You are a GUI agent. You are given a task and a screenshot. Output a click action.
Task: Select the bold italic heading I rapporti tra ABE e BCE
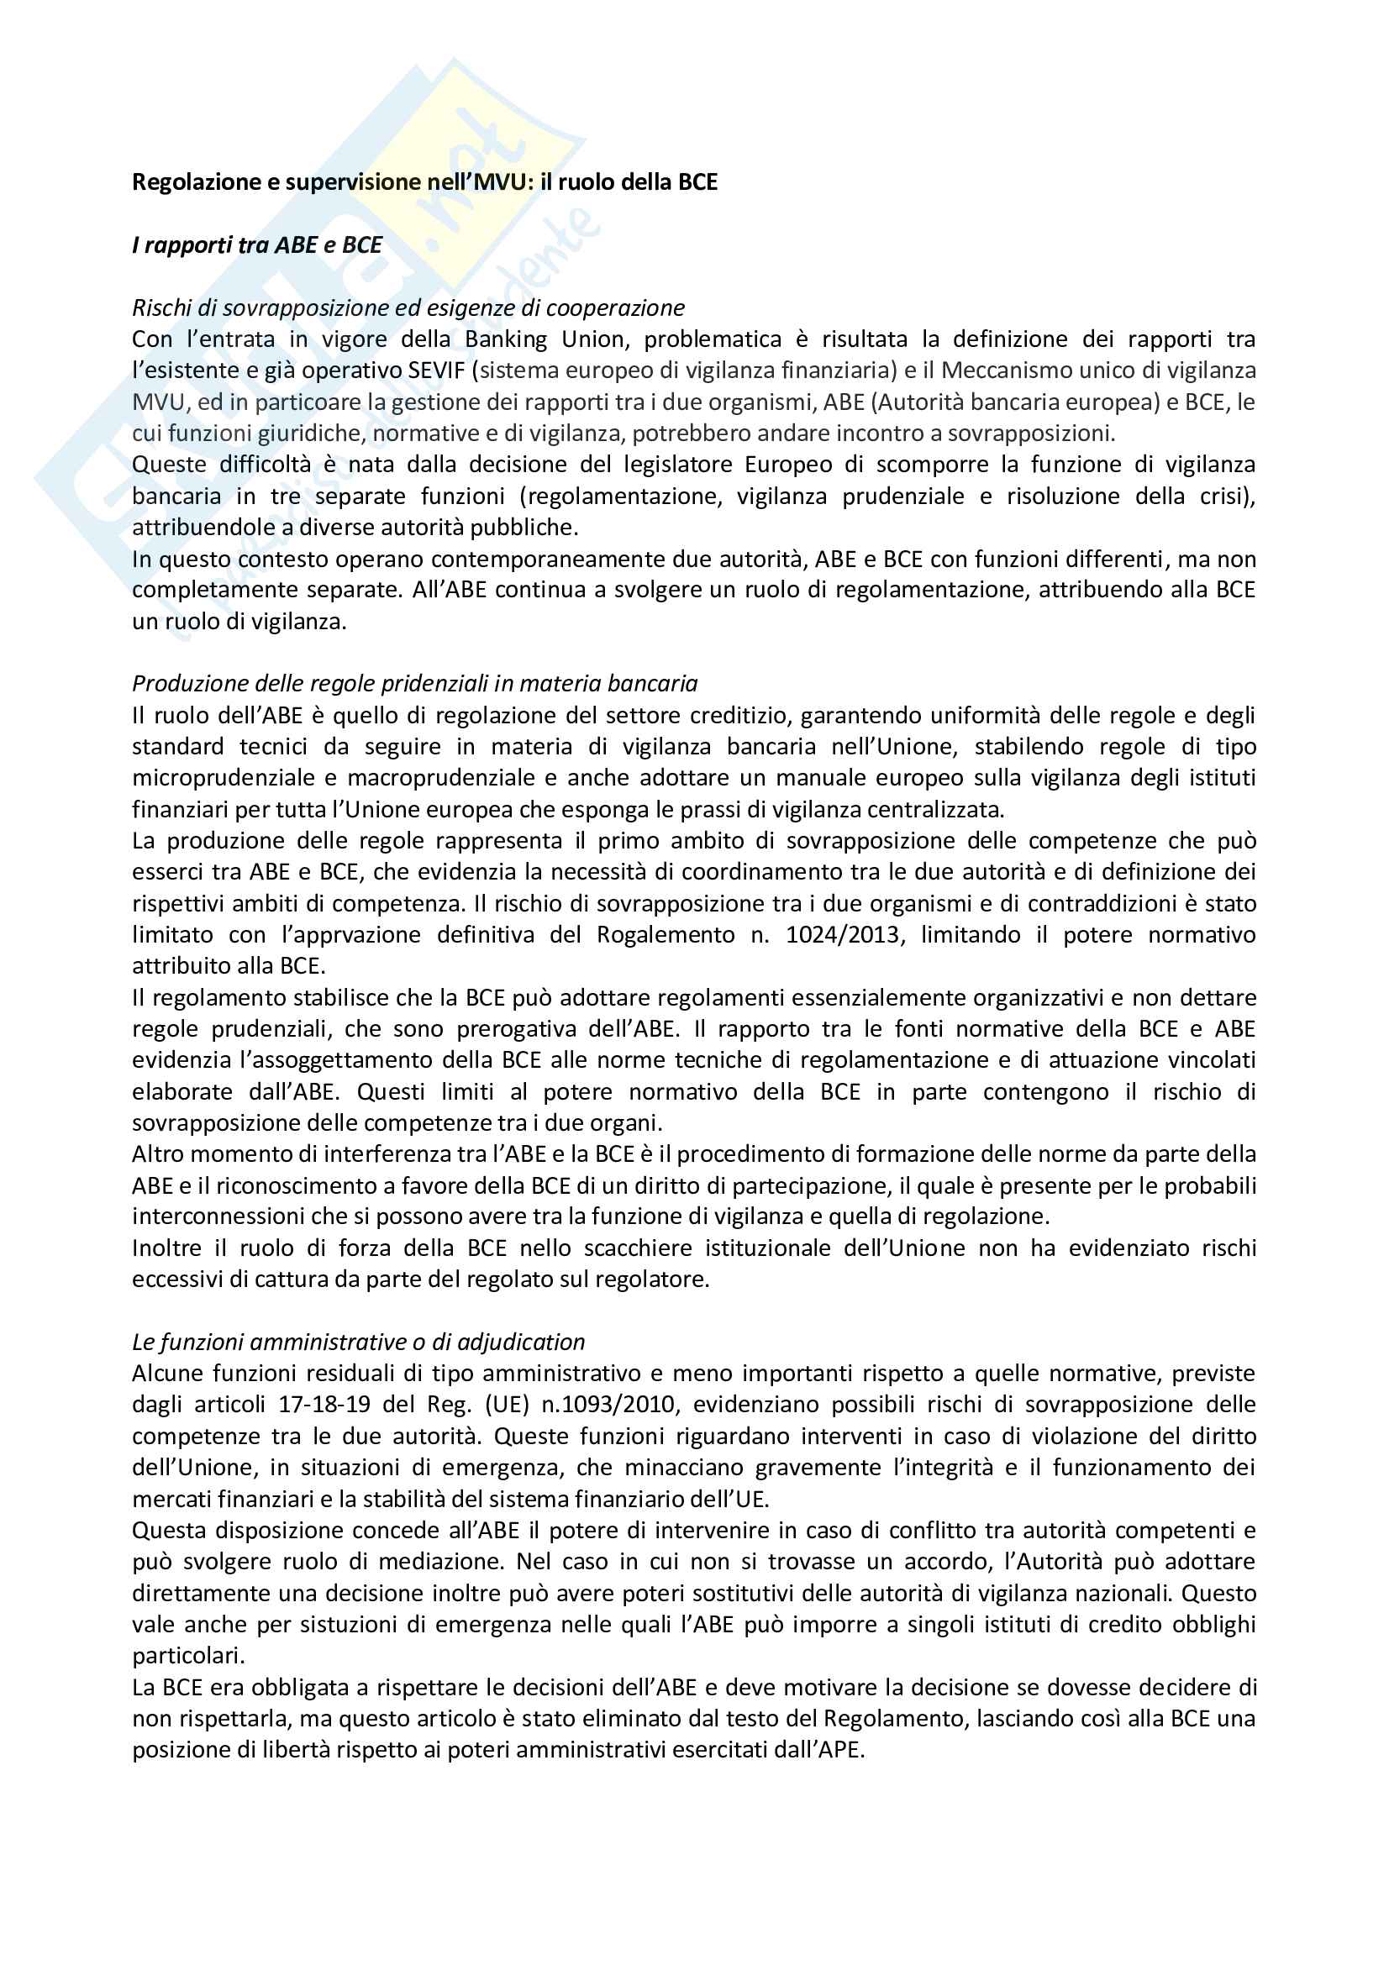(x=257, y=245)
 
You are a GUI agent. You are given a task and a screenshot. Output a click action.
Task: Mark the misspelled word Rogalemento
(x=665, y=934)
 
